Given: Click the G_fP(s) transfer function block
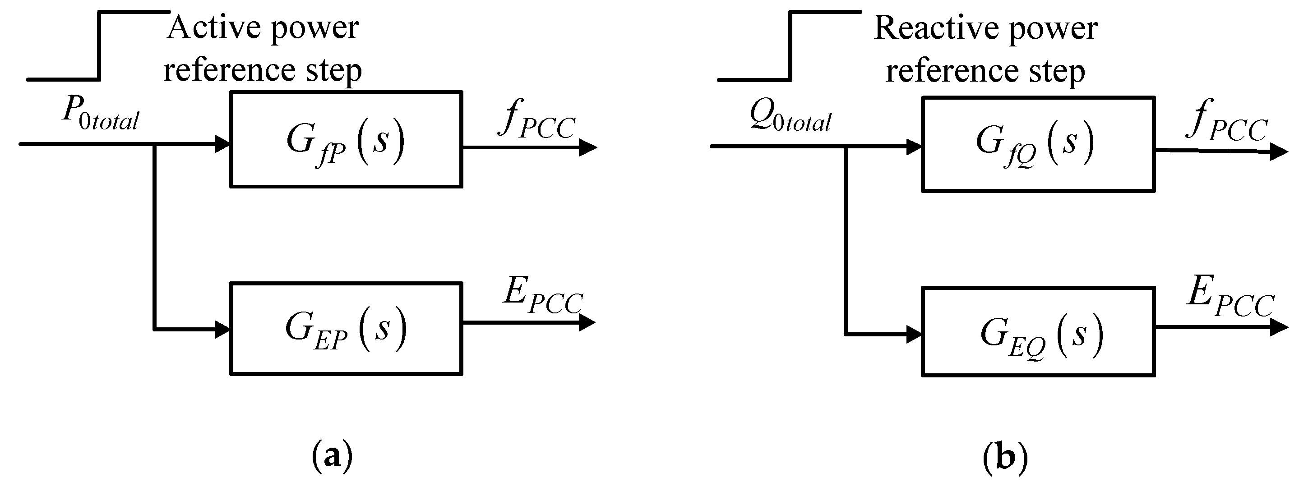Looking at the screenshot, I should (346, 140).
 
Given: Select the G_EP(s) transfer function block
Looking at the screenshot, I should (346, 329).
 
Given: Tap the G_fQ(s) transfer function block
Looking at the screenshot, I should (1038, 144).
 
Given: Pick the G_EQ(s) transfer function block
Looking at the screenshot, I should (1038, 332).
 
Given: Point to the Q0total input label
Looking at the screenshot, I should (790, 115).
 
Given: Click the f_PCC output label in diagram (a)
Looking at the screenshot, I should (537, 120).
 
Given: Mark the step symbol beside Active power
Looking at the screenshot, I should (99, 46).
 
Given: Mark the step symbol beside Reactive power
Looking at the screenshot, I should (790, 46).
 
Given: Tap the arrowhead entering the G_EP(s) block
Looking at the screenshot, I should (222, 330).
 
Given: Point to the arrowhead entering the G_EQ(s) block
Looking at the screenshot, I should (914, 334).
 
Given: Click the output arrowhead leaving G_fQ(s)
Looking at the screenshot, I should (1278, 151).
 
